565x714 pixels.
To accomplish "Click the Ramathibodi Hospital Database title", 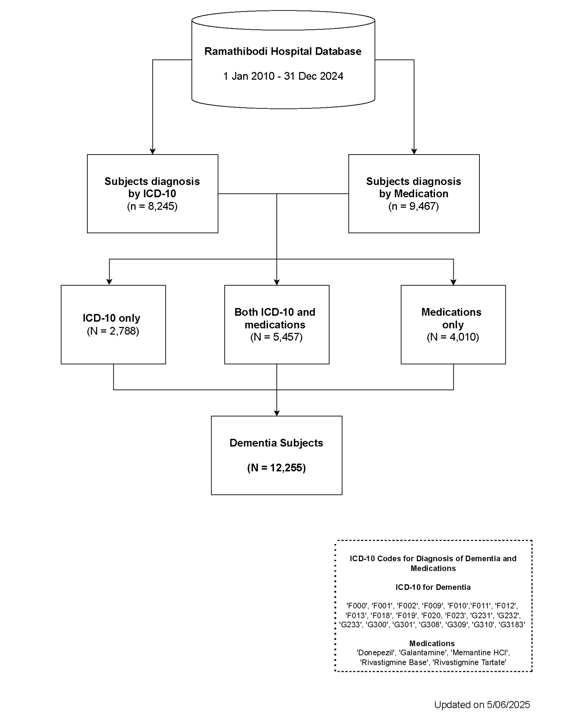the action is pos(283,51).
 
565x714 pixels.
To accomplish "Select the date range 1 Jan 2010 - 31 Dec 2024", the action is pos(283,76).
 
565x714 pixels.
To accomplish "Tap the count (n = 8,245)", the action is pos(152,206).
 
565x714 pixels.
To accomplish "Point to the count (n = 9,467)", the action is pos(414,206).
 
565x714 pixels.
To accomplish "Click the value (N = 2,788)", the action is pos(113,331).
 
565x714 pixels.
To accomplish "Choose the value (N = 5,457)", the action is pos(276,337).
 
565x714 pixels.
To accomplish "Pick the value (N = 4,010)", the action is pos(453,337).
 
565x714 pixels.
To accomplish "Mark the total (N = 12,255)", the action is pos(276,468).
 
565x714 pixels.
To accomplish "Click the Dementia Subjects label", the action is pos(276,443).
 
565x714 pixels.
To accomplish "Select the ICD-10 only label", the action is pos(112,318).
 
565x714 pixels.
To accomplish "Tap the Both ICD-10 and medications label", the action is pos(275,318).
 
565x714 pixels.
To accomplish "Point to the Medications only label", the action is pos(452,318).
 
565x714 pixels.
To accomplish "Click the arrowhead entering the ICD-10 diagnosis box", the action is pos(153,151).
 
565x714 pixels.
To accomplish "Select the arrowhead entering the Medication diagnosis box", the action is pos(414,151).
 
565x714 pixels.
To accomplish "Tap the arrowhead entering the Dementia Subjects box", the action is pos(277,413).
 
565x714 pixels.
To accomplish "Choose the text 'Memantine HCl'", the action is pos(480,653).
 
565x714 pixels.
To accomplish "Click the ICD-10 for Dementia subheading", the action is pos(433,587).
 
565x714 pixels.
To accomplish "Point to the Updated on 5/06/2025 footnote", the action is pos(482,705).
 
